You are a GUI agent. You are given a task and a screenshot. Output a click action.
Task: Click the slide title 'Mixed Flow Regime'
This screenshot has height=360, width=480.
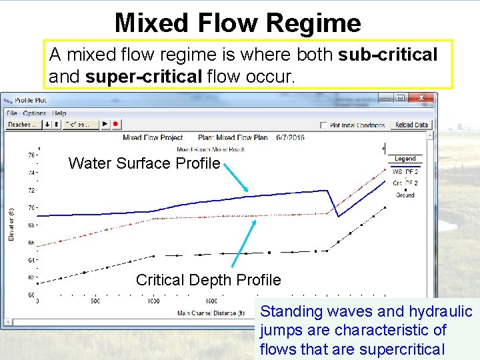[237, 23]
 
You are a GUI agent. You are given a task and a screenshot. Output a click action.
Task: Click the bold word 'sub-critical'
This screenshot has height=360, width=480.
[387, 55]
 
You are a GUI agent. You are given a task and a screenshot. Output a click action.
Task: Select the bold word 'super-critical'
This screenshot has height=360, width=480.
[141, 77]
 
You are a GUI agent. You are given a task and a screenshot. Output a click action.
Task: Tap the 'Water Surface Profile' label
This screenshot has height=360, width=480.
[144, 163]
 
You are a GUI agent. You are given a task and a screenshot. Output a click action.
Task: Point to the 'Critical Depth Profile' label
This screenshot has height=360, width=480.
[208, 280]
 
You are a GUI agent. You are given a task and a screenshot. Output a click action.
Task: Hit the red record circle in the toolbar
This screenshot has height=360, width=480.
[115, 125]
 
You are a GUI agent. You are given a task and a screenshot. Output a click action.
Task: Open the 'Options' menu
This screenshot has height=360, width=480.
[35, 113]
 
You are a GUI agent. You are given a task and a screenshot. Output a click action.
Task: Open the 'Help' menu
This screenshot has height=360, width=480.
[60, 113]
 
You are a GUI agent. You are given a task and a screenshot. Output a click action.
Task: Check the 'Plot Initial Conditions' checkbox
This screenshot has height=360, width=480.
[323, 125]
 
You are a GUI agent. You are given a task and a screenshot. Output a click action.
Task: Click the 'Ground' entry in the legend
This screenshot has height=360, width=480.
[405, 195]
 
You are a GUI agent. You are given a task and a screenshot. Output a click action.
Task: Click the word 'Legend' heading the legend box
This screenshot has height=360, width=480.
[405, 159]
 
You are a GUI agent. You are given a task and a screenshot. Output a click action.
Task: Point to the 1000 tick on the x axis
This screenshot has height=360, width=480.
[153, 301]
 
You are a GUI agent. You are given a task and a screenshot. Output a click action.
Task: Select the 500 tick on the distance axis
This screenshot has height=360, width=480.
[95, 301]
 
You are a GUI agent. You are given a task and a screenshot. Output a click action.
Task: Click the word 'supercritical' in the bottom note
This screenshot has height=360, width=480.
[403, 349]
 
